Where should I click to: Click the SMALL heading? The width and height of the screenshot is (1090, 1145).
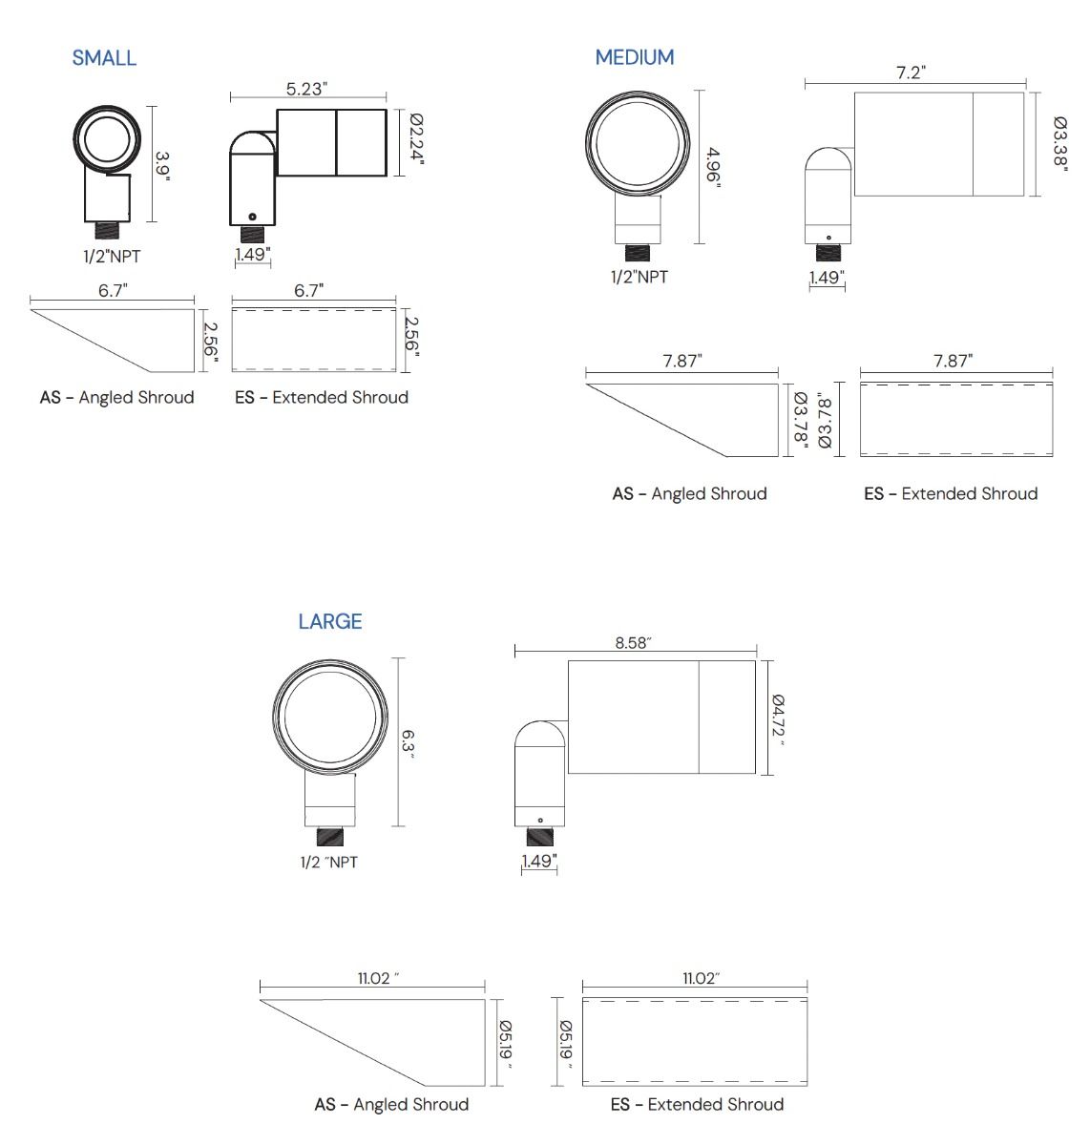point(104,58)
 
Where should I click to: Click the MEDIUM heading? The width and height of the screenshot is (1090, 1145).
point(635,57)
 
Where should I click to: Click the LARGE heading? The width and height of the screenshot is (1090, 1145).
point(330,621)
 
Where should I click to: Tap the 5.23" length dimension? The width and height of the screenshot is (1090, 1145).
point(307,89)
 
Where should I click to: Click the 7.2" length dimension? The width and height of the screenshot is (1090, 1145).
point(912,73)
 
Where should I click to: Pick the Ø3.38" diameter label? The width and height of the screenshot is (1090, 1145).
point(1060,142)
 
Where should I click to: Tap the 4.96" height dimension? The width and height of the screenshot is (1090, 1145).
point(713,168)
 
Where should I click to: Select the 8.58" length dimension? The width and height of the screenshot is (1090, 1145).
point(632,643)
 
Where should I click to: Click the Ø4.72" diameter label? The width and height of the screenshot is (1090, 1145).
point(778,719)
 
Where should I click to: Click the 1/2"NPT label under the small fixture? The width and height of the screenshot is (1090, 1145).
point(112,256)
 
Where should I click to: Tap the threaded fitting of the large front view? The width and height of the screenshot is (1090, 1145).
point(330,837)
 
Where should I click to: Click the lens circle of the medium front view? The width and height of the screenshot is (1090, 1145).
point(637,141)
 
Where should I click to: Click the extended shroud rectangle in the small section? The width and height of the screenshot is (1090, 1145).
point(314,340)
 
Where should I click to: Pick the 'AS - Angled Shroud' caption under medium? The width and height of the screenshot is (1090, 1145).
point(689,493)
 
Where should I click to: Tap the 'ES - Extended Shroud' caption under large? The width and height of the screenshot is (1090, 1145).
point(697,1104)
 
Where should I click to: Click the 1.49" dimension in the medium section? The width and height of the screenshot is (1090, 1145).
point(827,277)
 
